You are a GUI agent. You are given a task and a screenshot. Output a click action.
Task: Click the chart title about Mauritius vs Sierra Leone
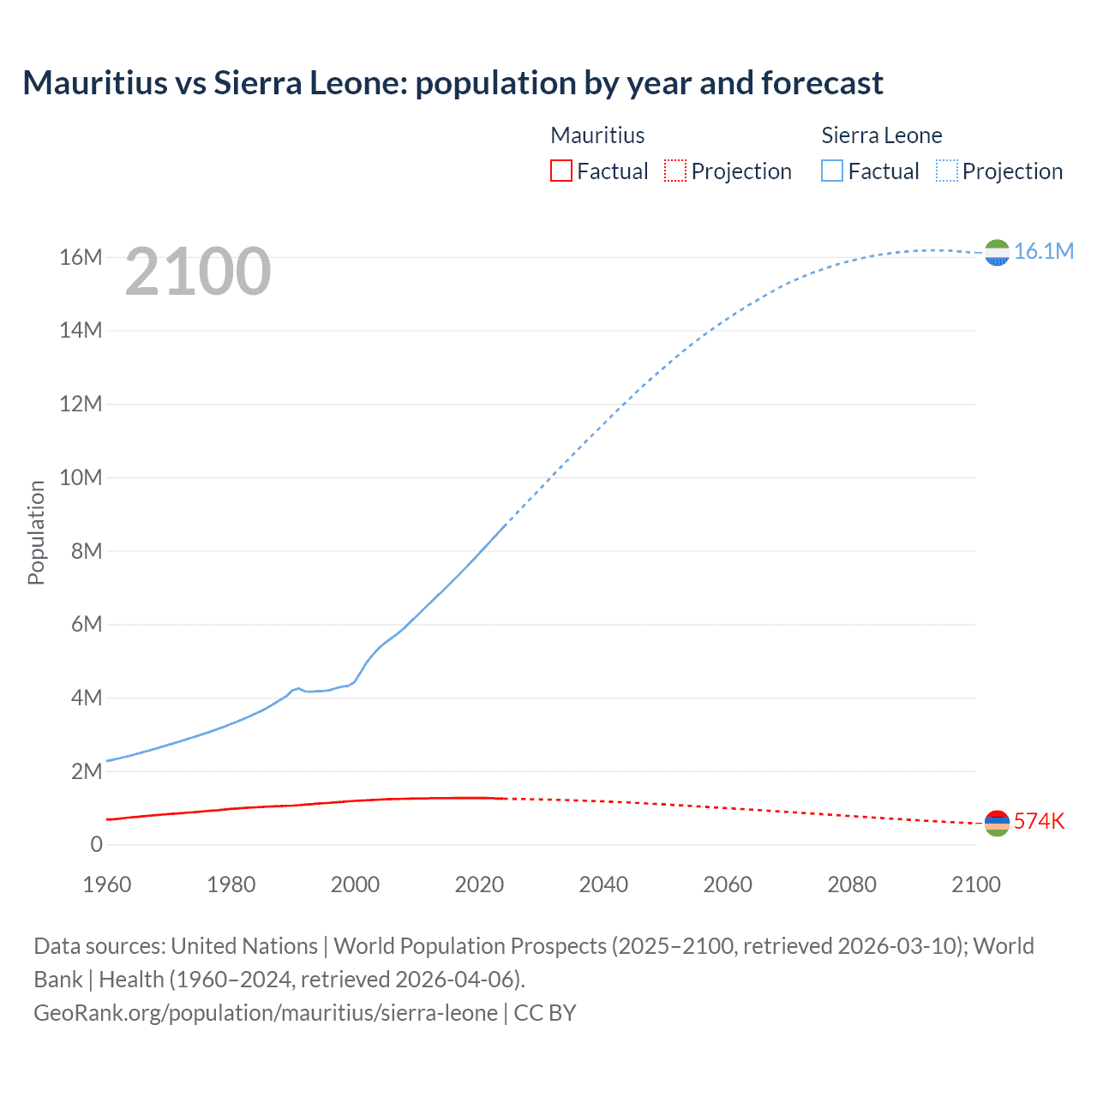click(453, 83)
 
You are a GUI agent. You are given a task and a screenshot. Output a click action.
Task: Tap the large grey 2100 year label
click(198, 272)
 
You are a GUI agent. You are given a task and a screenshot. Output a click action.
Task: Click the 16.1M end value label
click(1043, 251)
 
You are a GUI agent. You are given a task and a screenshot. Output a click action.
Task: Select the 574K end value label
click(1039, 821)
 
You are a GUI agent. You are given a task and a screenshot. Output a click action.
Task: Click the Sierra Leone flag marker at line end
click(997, 253)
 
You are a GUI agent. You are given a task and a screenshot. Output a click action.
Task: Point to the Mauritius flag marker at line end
click(997, 824)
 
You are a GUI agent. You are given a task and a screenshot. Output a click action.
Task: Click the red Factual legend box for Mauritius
click(560, 171)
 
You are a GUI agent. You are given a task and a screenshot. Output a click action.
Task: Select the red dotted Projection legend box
click(675, 171)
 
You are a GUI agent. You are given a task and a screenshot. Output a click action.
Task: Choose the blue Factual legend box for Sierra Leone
click(832, 171)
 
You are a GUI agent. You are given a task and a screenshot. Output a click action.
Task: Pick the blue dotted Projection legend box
click(947, 171)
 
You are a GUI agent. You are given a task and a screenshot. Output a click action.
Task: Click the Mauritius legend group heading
click(597, 135)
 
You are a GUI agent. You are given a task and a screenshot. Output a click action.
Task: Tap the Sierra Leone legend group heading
click(881, 135)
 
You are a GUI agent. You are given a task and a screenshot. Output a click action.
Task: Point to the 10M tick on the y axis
click(81, 477)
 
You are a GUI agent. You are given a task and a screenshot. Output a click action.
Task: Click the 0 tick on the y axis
click(96, 845)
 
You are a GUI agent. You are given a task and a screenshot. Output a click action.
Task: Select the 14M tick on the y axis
click(81, 331)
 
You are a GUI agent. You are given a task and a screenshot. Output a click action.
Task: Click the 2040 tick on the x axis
click(603, 884)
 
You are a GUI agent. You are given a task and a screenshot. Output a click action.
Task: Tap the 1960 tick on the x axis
click(107, 884)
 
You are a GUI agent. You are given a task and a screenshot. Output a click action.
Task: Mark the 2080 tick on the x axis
click(852, 884)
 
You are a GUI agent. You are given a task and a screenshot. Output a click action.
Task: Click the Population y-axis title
click(36, 532)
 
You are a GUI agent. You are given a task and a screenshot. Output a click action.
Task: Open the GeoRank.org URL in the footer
click(266, 1013)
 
